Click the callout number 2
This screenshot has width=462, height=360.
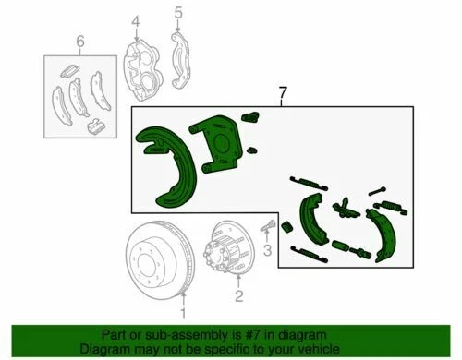tap(238, 296)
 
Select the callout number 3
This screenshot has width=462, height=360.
tap(266, 250)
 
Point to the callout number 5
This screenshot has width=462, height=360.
tap(178, 13)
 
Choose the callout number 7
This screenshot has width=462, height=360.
tap(283, 93)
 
